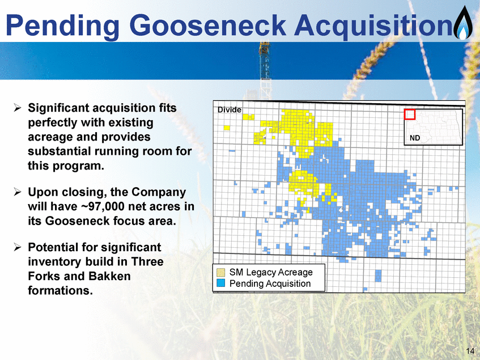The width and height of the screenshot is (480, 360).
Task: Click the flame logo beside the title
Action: point(463,23)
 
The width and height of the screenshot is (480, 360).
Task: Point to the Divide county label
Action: point(230,109)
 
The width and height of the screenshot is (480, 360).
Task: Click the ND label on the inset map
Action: point(415,138)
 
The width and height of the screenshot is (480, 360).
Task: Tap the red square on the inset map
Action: point(410,114)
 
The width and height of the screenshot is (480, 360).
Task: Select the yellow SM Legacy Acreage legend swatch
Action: point(220,272)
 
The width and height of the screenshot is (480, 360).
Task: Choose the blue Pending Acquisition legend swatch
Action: point(220,283)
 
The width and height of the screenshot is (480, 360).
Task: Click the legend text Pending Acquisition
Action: point(270,283)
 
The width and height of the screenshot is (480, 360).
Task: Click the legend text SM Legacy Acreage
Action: point(271,272)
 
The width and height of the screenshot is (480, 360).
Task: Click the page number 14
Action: point(470,351)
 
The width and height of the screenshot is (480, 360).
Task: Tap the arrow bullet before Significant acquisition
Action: point(18,108)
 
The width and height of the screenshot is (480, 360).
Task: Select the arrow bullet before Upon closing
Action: point(18,192)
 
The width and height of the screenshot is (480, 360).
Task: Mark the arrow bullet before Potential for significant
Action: point(18,247)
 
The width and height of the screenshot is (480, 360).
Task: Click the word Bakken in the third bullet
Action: point(109,276)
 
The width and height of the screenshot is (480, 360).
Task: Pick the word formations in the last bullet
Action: point(60,290)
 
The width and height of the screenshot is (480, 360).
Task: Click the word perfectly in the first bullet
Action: point(52,123)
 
